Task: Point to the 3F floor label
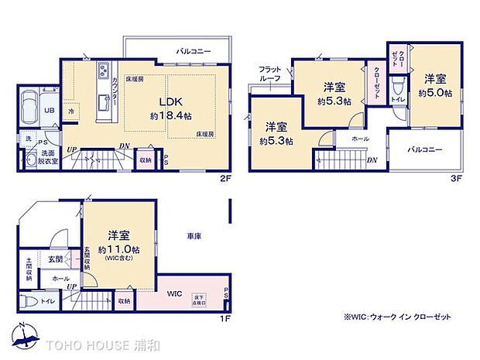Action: (x=457, y=177)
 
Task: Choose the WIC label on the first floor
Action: (x=174, y=294)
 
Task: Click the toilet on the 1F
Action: (x=26, y=301)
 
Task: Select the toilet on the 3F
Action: (x=397, y=86)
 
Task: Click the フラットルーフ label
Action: (x=270, y=73)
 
